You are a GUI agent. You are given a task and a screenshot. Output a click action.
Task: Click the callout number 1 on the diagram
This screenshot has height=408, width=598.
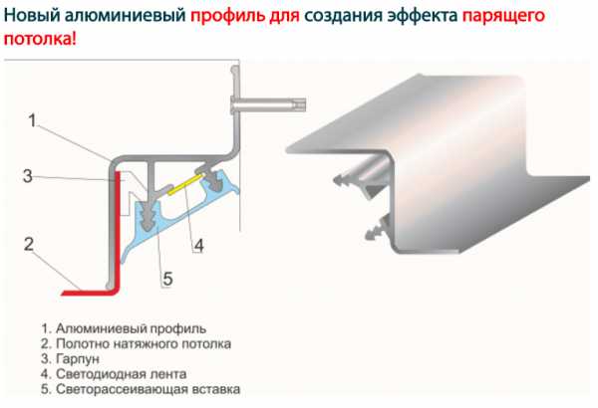[x=33, y=120]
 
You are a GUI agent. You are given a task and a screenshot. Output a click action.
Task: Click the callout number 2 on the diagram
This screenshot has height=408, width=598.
[x=29, y=244]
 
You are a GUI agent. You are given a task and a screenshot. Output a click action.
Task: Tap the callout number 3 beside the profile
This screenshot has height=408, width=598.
[x=28, y=176]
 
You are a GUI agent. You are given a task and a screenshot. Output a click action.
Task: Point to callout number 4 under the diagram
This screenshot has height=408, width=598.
[x=198, y=246]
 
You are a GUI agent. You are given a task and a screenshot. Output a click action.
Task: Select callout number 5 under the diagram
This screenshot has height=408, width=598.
[x=168, y=279]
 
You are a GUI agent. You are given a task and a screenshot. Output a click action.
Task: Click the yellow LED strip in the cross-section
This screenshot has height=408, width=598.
[x=184, y=184]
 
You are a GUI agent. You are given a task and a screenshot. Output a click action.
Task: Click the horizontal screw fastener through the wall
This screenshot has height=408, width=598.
[x=268, y=105]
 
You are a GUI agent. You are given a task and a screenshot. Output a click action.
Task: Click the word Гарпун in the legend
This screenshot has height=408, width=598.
[x=78, y=359]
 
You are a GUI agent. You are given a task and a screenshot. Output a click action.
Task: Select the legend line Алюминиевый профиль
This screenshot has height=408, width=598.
[x=124, y=328]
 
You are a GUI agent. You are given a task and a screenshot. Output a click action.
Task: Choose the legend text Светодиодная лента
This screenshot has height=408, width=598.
[x=114, y=374]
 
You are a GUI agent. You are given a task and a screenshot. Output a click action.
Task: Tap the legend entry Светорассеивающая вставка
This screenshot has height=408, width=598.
[x=141, y=389]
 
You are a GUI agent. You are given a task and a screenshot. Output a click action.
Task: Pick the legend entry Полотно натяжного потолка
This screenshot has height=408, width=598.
[x=136, y=343]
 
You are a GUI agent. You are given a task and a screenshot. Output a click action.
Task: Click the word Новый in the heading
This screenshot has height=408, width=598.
[x=32, y=15]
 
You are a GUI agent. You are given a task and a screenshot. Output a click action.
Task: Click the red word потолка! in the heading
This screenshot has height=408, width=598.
[x=40, y=39]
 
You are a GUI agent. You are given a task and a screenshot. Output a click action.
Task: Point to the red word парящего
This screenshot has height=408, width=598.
[x=503, y=16]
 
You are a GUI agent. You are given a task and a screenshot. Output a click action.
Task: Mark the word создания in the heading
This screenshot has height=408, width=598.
[x=343, y=16]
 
